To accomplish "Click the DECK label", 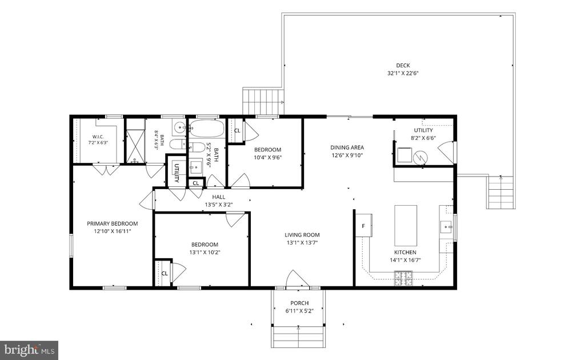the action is [x=403, y=65].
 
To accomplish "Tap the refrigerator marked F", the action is [x=364, y=225].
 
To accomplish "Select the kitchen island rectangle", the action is [x=406, y=225].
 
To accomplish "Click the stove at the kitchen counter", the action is [x=404, y=278].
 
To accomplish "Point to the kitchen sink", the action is [x=447, y=226].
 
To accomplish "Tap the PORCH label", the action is [x=299, y=303].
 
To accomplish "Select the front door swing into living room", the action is [x=297, y=279].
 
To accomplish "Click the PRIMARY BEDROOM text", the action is [x=113, y=223].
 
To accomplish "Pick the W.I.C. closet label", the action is [x=98, y=137].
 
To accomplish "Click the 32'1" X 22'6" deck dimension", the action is [x=403, y=74].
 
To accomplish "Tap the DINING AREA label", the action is [x=347, y=147].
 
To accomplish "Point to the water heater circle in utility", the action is [x=420, y=158].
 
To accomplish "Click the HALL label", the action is [x=219, y=197].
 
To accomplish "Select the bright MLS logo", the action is [x=29, y=350].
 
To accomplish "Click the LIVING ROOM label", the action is [x=302, y=235].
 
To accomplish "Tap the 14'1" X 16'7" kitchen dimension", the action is [x=405, y=260].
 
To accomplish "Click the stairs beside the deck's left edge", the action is [x=263, y=101].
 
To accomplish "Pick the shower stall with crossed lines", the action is [x=135, y=146].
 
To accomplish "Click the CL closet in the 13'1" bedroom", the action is [x=165, y=274].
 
